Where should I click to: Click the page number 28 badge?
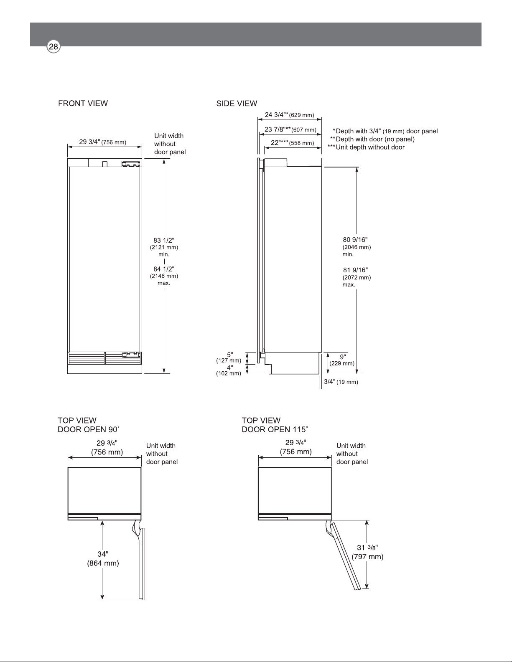53,47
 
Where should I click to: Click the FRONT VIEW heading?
83,103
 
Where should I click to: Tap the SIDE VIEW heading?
237,104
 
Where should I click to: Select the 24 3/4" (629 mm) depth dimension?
289,115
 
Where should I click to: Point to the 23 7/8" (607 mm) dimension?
290,129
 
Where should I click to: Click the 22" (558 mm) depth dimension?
292,142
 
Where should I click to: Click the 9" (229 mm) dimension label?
342,360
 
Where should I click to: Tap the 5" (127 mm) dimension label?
229,358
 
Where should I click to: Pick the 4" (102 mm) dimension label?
229,370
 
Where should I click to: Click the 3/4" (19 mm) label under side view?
341,382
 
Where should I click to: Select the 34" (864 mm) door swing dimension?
103,558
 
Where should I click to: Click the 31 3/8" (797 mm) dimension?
367,552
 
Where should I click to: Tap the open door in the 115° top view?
344,555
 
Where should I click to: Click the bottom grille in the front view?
104,358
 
